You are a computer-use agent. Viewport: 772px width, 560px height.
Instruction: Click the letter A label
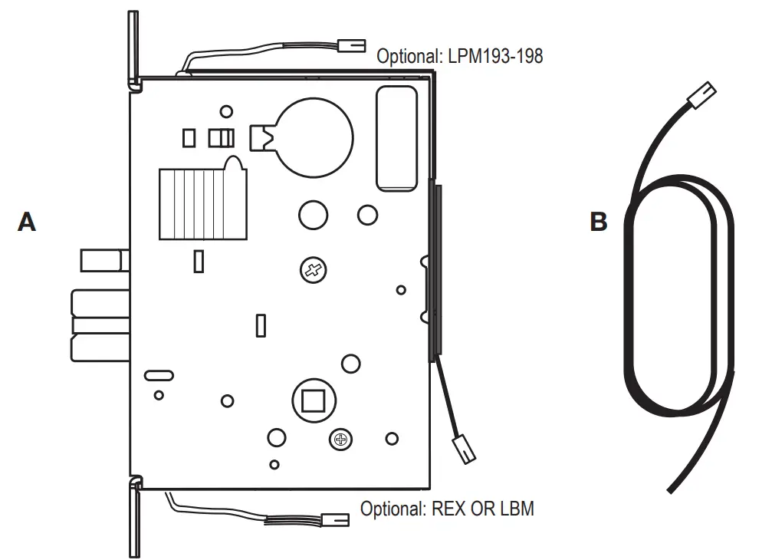point(27,222)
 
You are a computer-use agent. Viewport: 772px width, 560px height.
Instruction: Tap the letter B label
point(599,222)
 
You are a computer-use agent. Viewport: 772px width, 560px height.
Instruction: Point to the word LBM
point(516,509)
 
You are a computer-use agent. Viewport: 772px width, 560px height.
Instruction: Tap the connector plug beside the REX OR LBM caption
point(336,520)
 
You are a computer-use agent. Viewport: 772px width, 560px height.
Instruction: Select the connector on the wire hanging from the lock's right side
point(465,449)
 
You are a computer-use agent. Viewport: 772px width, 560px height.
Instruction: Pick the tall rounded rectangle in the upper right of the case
point(396,137)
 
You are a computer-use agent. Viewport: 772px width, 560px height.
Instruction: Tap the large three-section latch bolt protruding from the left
point(100,325)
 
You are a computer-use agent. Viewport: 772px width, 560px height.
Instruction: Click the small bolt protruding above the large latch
point(102,259)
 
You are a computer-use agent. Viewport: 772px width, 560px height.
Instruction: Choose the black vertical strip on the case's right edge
point(436,268)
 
